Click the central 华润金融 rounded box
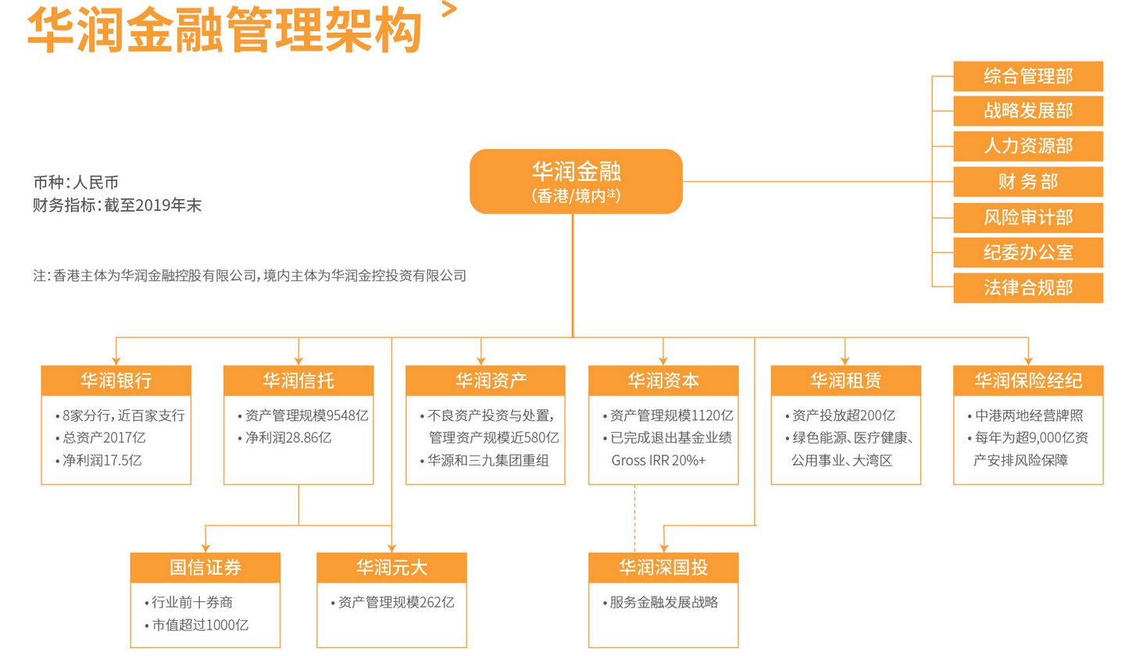pos(576,181)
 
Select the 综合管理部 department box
pos(1027,76)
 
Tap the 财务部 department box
pos(1027,182)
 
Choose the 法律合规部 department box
pos(1027,288)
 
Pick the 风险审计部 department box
pos(1027,217)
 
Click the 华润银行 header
pos(116,380)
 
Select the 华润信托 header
pos(298,380)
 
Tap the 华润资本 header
pos(663,380)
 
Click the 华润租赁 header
pos(845,380)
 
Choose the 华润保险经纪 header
pos(1028,380)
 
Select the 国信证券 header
pos(205,567)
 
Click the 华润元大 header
pos(391,567)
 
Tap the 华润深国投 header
pos(663,567)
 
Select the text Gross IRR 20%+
pos(658,461)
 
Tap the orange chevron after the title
pos(448,9)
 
